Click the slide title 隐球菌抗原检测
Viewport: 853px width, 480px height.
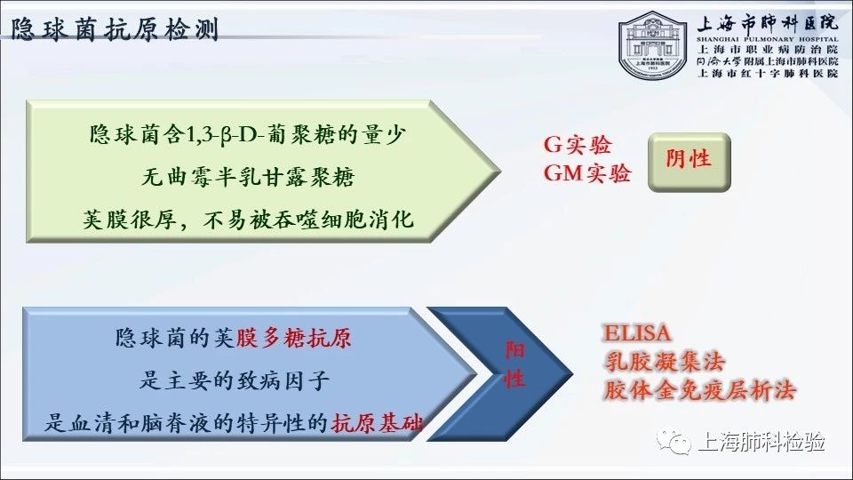115,29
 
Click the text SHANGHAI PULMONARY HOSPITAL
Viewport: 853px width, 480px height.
768,39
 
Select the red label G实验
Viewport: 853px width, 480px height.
578,145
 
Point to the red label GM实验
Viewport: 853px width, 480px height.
587,173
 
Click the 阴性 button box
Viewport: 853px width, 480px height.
689,162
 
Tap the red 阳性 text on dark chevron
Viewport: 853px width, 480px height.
514,364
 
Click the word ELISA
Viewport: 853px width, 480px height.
637,332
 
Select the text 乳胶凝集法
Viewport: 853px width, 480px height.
665,362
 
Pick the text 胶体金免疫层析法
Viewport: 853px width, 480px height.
699,390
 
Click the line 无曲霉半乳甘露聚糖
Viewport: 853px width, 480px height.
248,177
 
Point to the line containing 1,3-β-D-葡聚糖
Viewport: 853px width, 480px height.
248,134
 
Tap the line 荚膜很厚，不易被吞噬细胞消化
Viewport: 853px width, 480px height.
248,220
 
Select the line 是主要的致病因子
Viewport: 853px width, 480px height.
235,380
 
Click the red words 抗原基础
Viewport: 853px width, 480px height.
377,423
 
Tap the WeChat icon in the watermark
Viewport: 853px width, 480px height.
673,440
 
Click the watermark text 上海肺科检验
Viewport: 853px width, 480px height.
761,442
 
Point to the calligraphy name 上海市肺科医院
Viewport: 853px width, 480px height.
768,22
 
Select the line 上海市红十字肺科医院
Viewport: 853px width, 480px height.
768,73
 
